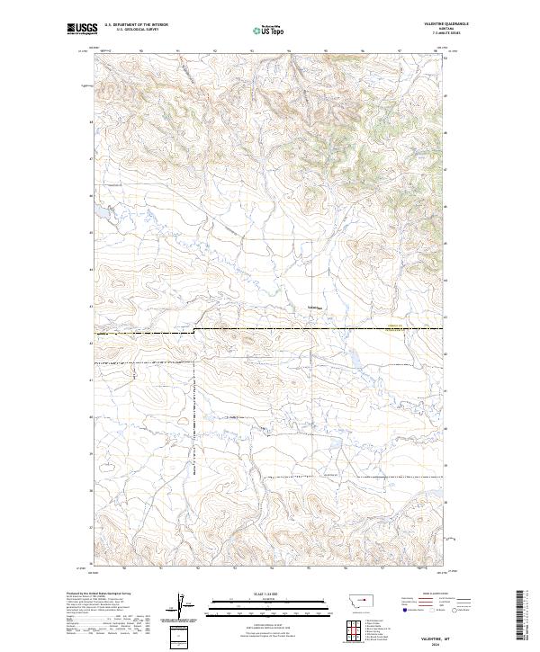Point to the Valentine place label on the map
pyautogui.click(x=313, y=308)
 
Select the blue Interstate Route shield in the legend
pyautogui.click(x=404, y=610)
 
